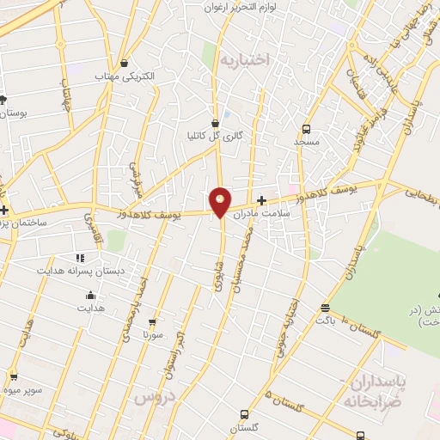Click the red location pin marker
click(x=221, y=201)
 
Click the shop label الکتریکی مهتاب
click(x=125, y=76)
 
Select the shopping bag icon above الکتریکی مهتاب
click(x=125, y=63)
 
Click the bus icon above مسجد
click(x=305, y=126)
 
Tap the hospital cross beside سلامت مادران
click(x=261, y=199)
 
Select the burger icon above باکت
click(x=324, y=308)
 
